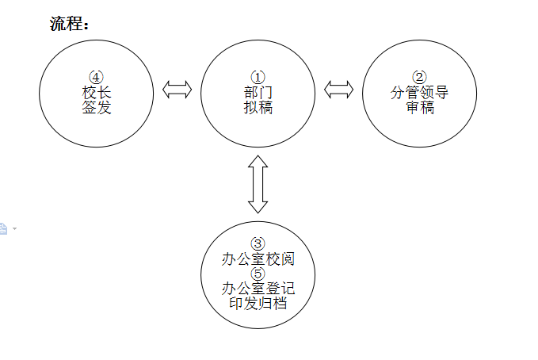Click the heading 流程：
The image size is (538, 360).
(70, 24)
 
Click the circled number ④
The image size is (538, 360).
(96, 77)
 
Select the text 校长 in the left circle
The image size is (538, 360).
(96, 92)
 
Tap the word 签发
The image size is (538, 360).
(96, 107)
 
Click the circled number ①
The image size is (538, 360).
(258, 77)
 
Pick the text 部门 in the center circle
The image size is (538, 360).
(258, 92)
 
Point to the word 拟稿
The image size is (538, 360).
(258, 107)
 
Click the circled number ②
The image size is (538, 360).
(420, 77)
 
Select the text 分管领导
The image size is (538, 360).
(420, 92)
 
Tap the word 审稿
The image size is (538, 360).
(420, 107)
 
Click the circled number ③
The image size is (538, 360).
(258, 243)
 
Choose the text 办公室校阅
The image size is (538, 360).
(258, 259)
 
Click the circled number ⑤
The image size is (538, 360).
(258, 274)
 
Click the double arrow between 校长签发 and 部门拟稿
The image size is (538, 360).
(177, 90)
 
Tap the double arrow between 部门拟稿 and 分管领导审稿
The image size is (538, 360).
(339, 90)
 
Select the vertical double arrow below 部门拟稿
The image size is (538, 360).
(258, 184)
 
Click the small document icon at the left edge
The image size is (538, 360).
(3, 228)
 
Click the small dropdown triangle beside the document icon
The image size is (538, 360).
(14, 228)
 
